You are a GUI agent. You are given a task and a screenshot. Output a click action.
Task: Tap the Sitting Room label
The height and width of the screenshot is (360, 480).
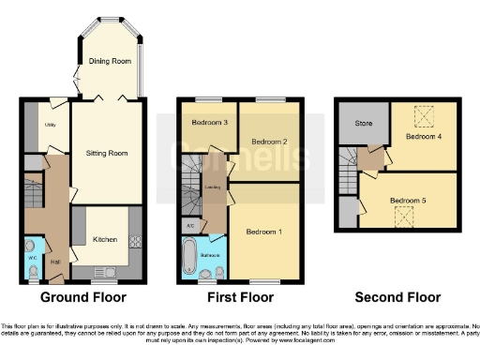pyautogui.click(x=108, y=152)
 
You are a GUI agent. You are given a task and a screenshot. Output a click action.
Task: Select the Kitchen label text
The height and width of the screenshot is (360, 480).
pyautogui.click(x=105, y=240)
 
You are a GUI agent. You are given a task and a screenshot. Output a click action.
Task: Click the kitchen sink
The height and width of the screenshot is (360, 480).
pyautogui.click(x=105, y=273)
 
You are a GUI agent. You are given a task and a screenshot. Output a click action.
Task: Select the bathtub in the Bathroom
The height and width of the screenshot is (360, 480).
pyautogui.click(x=189, y=255)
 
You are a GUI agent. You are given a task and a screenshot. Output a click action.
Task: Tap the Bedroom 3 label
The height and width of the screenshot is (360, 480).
pyautogui.click(x=210, y=123)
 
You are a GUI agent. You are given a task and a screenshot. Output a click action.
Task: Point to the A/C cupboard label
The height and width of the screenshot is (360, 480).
pyautogui.click(x=190, y=226)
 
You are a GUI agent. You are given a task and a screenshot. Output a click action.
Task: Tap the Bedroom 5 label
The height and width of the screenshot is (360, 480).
pyautogui.click(x=408, y=200)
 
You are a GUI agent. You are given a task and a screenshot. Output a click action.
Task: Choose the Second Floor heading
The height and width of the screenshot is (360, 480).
pyautogui.click(x=397, y=297)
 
